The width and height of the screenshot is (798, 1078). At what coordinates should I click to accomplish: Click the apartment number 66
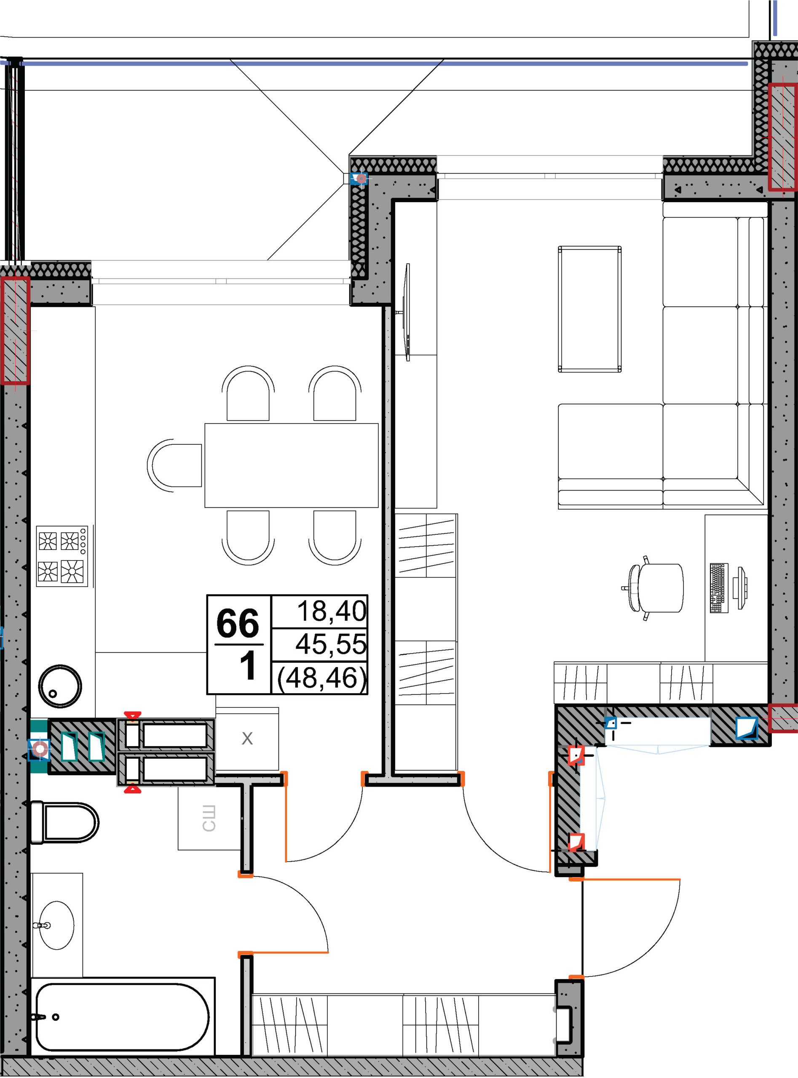point(237,623)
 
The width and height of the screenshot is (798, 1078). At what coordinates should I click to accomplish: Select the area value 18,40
point(331,611)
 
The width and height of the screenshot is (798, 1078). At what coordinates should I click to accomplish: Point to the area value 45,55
point(331,644)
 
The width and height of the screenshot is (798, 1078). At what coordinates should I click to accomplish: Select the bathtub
point(123,1017)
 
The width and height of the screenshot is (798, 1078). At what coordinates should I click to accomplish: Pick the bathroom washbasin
point(56,925)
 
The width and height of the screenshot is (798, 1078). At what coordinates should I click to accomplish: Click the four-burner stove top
point(62,556)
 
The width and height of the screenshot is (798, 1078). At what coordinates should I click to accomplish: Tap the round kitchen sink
point(60,686)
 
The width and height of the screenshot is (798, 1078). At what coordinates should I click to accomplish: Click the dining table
point(291,465)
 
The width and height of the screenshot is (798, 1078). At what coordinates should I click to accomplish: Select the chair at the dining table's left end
point(174,465)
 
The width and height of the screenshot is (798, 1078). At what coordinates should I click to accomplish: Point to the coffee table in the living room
point(589,309)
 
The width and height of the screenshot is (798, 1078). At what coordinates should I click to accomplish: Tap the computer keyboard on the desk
point(719,587)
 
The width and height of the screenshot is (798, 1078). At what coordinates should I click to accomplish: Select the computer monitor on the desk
point(739,588)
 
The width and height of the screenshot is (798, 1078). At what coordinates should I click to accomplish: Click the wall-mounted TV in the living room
point(407,312)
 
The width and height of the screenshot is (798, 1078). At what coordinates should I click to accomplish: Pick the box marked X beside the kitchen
point(247,739)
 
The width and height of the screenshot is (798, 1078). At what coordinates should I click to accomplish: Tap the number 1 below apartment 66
point(248,666)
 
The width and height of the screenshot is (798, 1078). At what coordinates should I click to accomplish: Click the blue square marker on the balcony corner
point(359,179)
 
